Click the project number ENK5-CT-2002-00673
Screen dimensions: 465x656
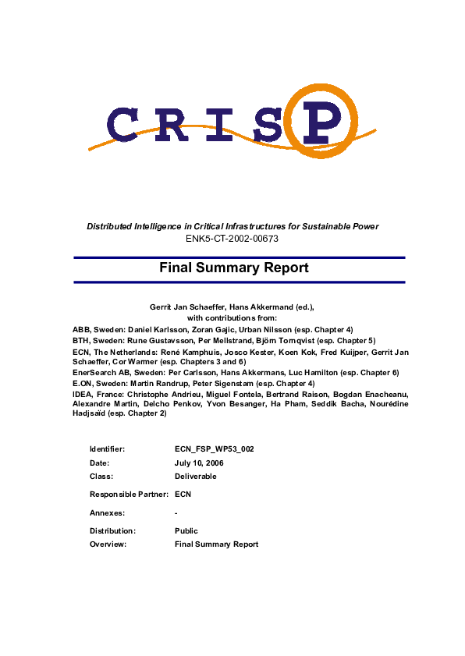click(232, 238)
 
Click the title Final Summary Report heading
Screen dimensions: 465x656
click(234, 268)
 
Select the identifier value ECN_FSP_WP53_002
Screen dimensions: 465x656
click(215, 449)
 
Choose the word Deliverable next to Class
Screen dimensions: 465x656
click(196, 475)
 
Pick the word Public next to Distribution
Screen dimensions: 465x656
click(186, 531)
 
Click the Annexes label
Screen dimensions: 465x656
click(107, 512)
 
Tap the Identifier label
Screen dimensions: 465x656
click(107, 449)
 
